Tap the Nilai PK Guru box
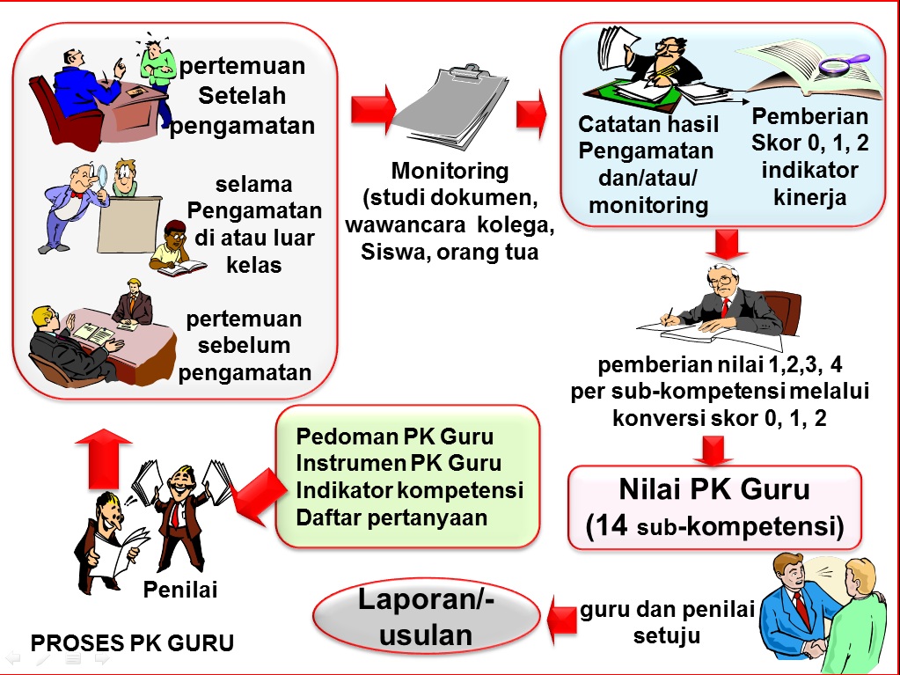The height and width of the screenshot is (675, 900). click(x=713, y=506)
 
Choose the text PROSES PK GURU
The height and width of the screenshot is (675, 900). click(x=133, y=643)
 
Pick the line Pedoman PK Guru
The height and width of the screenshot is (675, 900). click(x=395, y=437)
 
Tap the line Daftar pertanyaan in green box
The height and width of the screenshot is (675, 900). click(x=391, y=517)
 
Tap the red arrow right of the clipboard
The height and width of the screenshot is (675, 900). click(x=530, y=114)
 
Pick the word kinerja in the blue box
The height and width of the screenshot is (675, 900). click(x=810, y=197)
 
